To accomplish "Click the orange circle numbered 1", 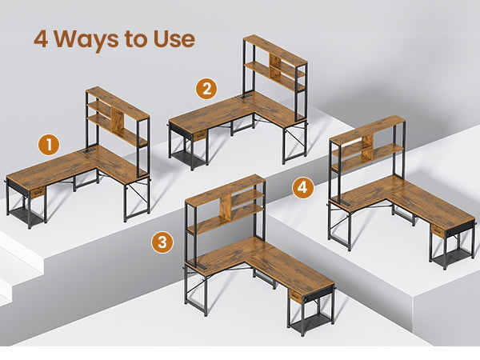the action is (x=49, y=145).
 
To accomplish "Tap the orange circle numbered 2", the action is (x=206, y=89).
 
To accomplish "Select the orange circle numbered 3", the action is (x=162, y=242).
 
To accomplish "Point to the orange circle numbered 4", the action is (x=302, y=187).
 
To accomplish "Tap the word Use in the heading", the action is (x=174, y=39).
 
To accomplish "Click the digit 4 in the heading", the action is (x=41, y=39).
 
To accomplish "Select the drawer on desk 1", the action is (x=38, y=193).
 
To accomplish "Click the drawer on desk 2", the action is (x=200, y=135).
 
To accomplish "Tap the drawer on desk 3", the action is (x=295, y=296).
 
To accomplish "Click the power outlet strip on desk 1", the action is (x=88, y=151).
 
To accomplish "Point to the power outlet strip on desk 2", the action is (x=245, y=98).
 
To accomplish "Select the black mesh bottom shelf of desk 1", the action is (x=26, y=214).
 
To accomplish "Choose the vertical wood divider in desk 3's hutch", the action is (x=226, y=208).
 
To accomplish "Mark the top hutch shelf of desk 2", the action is (x=275, y=50).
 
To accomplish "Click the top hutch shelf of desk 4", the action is (x=368, y=130).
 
